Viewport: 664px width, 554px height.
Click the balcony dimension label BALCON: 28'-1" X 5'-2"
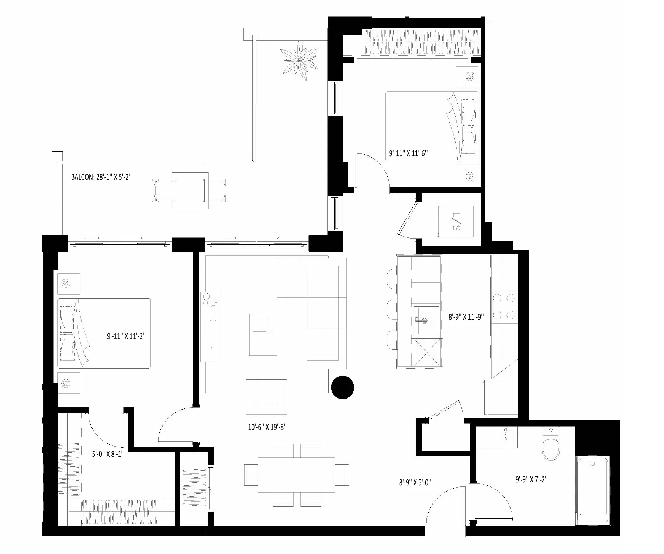pyautogui.click(x=101, y=177)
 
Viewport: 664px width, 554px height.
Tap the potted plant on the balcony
pyautogui.click(x=299, y=60)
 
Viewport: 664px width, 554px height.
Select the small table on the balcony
pyautogui.click(x=190, y=191)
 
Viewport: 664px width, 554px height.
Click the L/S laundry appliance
pyautogui.click(x=455, y=221)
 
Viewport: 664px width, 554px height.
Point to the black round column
pyautogui.click(x=343, y=387)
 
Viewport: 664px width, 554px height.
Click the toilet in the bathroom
pyautogui.click(x=551, y=443)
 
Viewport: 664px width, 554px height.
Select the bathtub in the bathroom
pyautogui.click(x=592, y=490)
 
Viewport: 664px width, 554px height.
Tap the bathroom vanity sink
pyautogui.click(x=506, y=437)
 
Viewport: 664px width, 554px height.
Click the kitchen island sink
pyautogui.click(x=426, y=319)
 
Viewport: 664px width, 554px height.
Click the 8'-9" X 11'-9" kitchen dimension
pyautogui.click(x=466, y=317)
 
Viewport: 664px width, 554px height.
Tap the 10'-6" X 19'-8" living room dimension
pyautogui.click(x=267, y=427)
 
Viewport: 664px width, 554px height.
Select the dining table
pyautogui.click(x=296, y=475)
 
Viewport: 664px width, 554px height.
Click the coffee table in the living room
pyautogui.click(x=263, y=334)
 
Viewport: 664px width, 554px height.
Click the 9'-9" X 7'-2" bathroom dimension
pyautogui.click(x=532, y=479)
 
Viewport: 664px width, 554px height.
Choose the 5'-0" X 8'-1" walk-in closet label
pyautogui.click(x=107, y=454)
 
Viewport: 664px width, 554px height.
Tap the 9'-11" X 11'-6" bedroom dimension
pyautogui.click(x=408, y=153)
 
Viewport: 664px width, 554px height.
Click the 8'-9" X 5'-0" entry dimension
pyautogui.click(x=415, y=482)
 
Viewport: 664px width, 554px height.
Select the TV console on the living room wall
pyautogui.click(x=211, y=326)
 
